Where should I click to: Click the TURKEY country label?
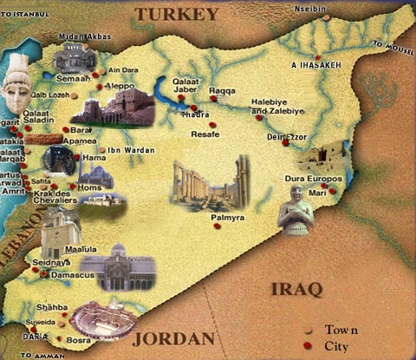pos(176,14)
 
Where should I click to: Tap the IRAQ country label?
pos(296,288)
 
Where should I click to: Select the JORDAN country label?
pos(172,337)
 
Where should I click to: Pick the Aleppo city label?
pos(121,87)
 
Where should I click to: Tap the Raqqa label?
pos(223,89)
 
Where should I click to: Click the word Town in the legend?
pos(341,330)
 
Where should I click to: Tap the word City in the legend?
pos(337,346)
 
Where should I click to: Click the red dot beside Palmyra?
pos(217,225)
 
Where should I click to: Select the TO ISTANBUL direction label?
pos(29,9)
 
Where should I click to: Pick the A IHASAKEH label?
pos(315,65)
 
